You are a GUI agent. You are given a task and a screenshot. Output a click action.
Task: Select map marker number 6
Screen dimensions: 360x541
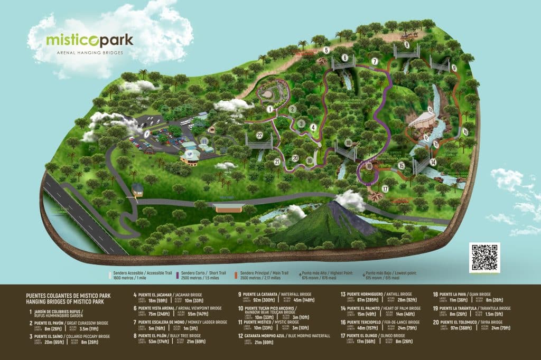[344, 58]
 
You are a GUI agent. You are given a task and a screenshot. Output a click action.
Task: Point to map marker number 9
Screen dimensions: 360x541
[453, 68]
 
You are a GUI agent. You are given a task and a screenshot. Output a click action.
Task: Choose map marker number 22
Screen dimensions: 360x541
[259, 135]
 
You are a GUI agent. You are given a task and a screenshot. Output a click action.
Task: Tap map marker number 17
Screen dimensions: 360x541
[385, 188]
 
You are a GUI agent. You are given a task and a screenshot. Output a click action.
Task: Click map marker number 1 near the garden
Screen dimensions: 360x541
[269, 109]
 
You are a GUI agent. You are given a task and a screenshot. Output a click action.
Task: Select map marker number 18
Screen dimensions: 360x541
[347, 143]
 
